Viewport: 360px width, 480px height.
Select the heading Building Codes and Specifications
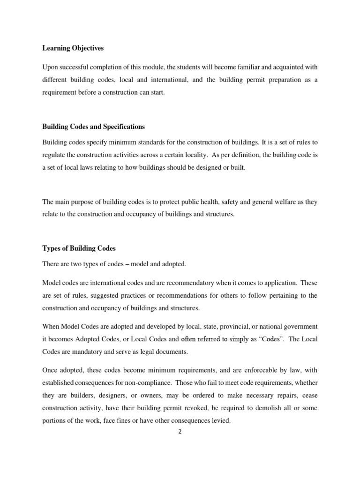click(94, 127)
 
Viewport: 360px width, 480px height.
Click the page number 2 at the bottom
click(180, 432)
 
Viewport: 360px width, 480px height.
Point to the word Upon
click(50, 67)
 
